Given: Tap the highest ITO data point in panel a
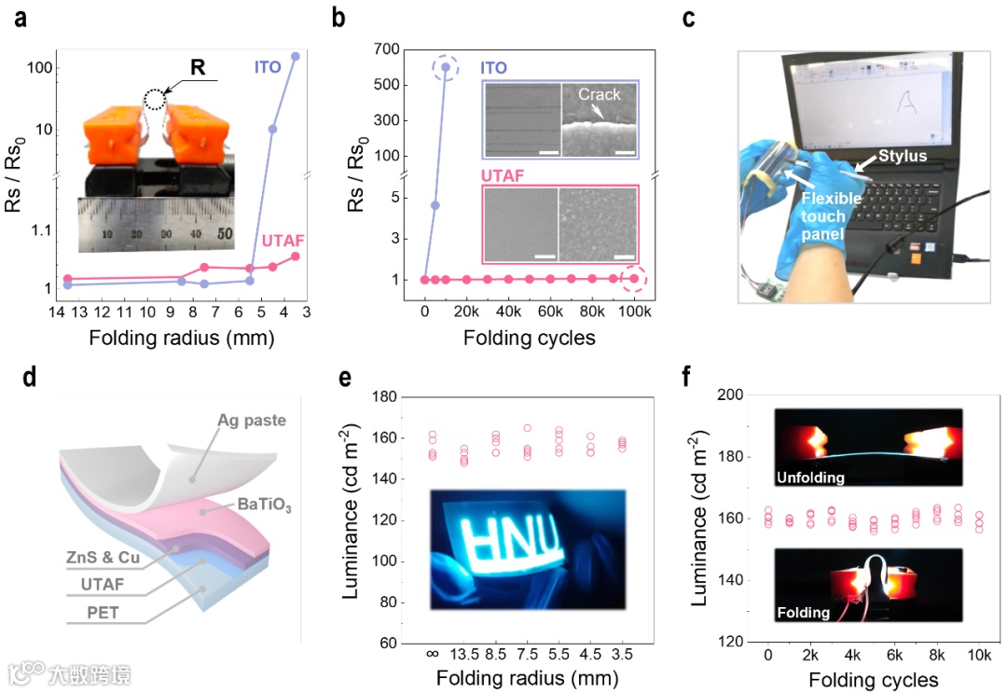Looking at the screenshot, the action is click(296, 56).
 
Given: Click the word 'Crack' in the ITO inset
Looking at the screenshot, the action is click(599, 94).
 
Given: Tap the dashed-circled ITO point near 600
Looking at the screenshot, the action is click(446, 66).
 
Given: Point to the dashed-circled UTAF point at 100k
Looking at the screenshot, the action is click(634, 278).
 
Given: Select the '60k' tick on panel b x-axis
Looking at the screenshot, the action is click(549, 310).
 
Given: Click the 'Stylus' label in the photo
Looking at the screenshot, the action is click(901, 155).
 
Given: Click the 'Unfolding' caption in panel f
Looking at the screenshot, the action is click(810, 478).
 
